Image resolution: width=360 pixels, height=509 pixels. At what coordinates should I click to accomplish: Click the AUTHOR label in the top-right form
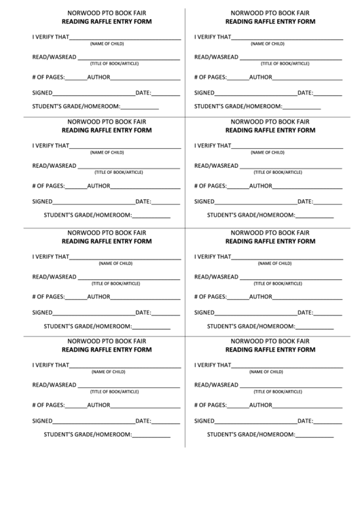coord(261,76)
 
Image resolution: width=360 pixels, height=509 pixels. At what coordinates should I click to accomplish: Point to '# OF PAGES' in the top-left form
coord(48,76)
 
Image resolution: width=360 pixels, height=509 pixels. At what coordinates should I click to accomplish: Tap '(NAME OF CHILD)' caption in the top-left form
coord(107,43)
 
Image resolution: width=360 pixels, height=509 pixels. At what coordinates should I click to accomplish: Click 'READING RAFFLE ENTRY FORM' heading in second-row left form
coord(107,131)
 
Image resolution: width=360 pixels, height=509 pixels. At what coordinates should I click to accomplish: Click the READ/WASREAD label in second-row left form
coord(54,166)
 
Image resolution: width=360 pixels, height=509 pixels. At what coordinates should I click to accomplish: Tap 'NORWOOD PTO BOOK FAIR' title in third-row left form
coord(107,232)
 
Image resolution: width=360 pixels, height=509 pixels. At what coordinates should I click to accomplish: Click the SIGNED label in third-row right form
coord(204,313)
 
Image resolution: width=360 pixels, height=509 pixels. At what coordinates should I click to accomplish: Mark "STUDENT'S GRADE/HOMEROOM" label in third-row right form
coord(251,326)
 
